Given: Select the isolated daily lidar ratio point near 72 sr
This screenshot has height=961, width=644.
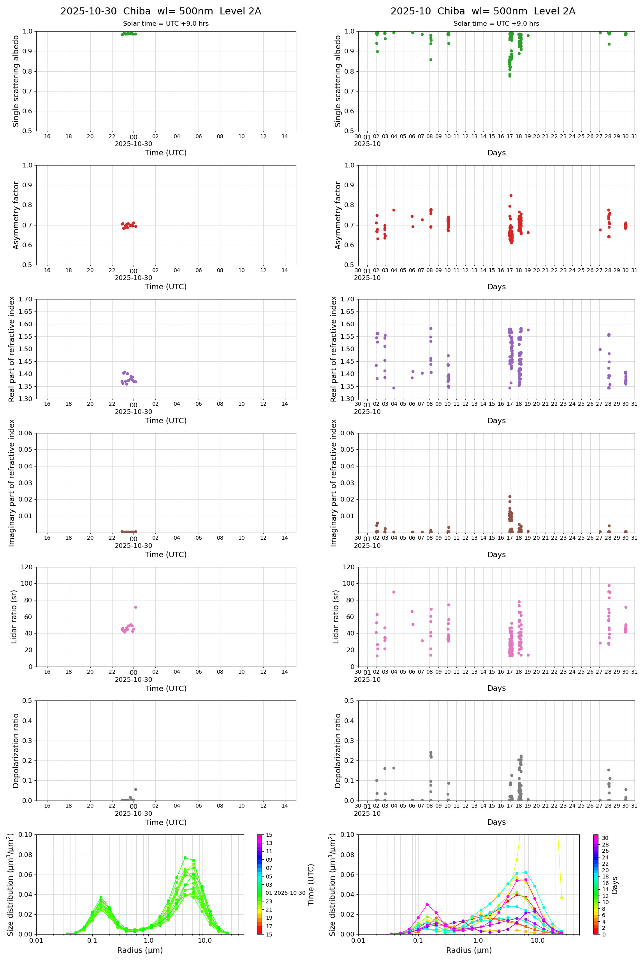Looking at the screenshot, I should point(135,607).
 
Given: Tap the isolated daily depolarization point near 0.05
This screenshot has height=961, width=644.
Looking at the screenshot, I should point(135,789).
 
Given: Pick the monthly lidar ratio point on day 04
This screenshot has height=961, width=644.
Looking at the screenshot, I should point(394,592).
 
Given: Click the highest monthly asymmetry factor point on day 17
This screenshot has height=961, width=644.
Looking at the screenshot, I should point(511,196).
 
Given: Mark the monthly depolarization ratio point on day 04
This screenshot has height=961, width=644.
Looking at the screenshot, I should point(394,768).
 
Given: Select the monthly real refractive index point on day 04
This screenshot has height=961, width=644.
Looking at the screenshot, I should point(394,388).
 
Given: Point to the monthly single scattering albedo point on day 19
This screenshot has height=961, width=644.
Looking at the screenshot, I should point(528,36).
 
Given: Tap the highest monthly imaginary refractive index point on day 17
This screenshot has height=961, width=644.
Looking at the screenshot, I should point(510,496).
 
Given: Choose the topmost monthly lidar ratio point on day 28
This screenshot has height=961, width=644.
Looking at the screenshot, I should point(609,585).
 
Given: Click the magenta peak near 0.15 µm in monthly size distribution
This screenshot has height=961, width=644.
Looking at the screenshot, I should point(427,904).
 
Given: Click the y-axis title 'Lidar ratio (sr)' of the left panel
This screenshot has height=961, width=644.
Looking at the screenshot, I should point(14,616).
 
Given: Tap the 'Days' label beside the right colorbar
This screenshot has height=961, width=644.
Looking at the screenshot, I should point(615,885).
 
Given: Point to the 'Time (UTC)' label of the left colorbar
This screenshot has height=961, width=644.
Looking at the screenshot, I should point(311,885).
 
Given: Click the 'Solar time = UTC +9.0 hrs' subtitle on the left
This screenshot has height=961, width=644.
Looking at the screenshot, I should point(165,24).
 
